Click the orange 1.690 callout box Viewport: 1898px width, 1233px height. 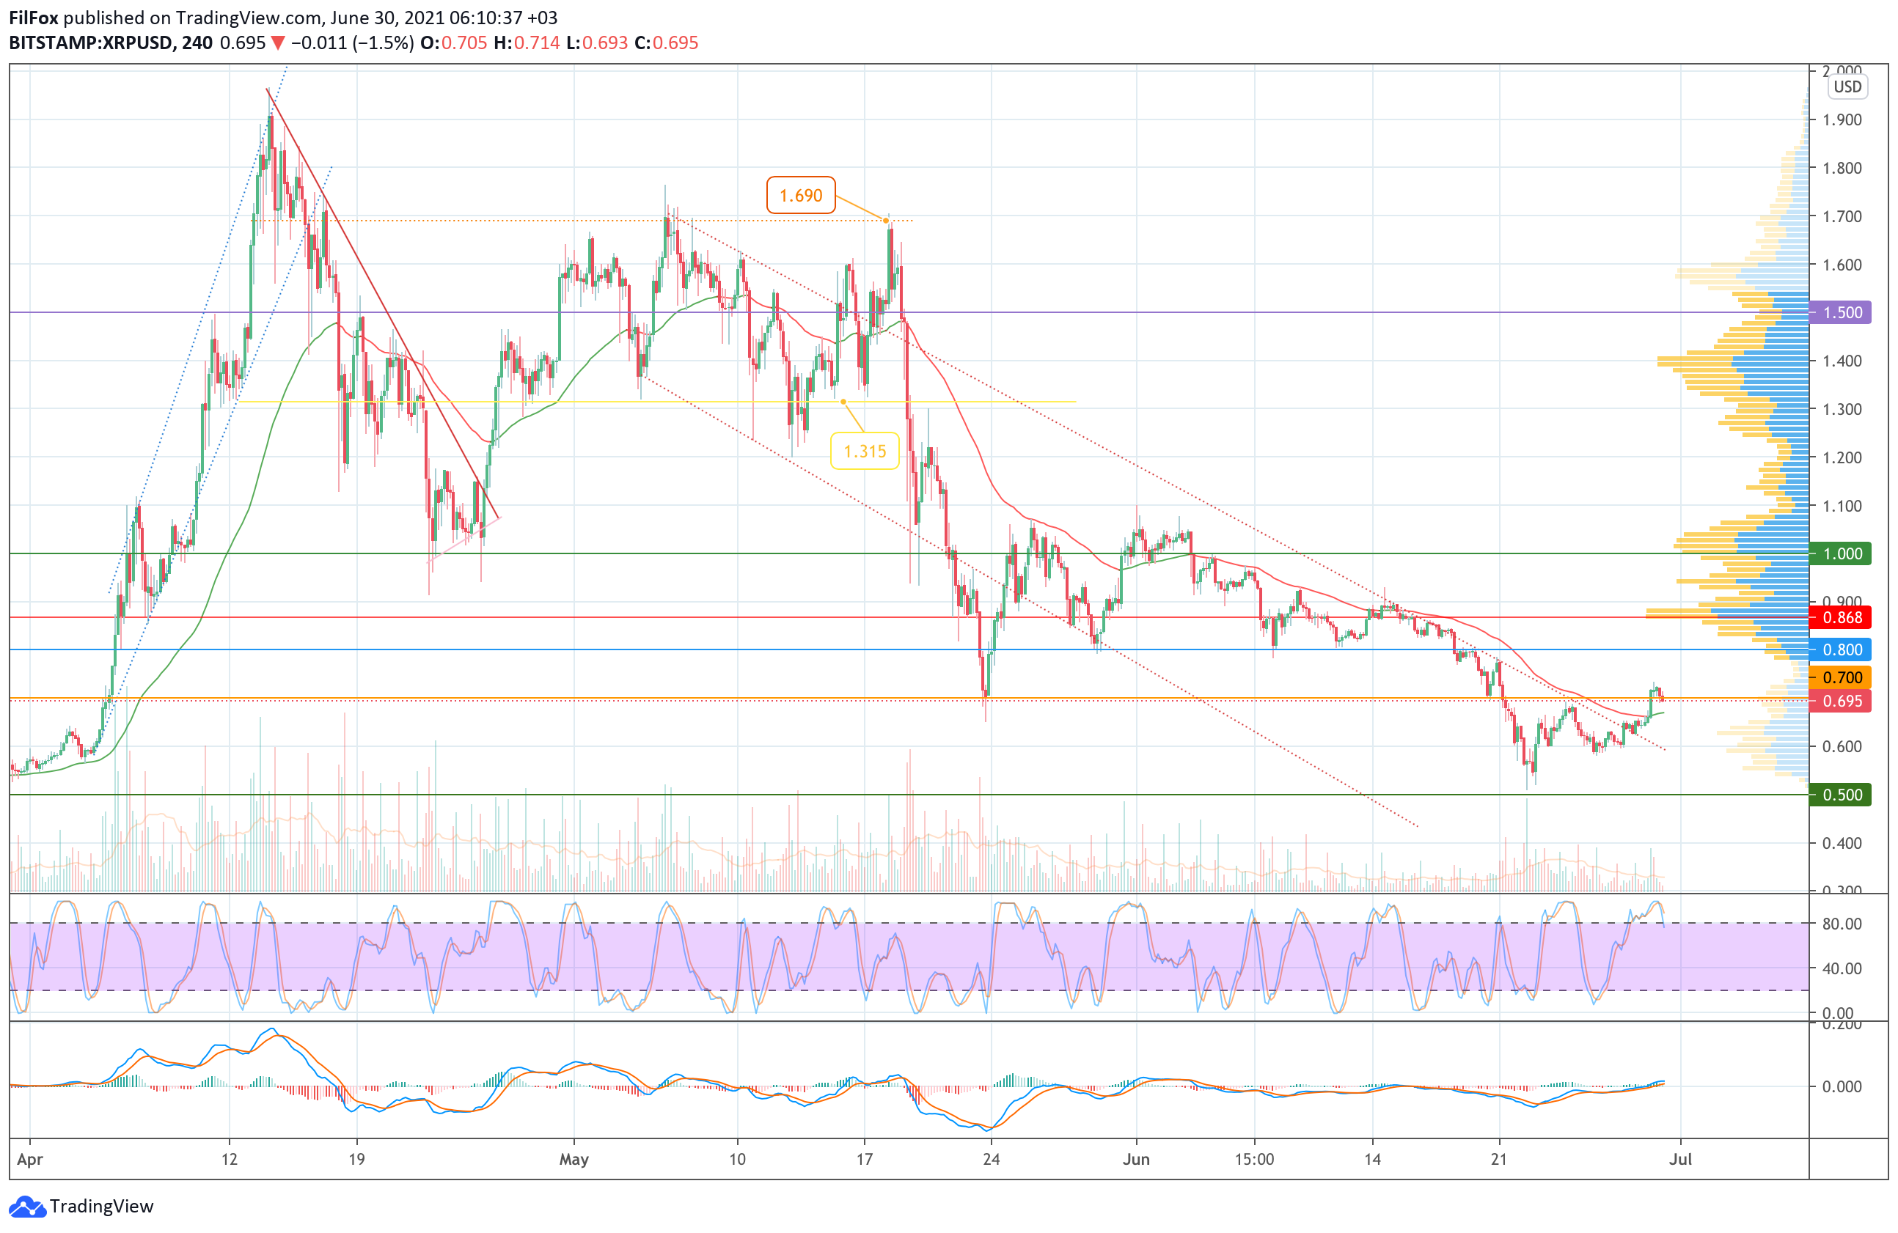pos(800,195)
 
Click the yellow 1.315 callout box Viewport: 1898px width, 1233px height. pos(865,451)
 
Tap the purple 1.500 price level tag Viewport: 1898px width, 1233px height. pos(1842,312)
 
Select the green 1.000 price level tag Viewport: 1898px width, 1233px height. pos(1842,554)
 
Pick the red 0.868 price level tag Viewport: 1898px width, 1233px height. pos(1842,618)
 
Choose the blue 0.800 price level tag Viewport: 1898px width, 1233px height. pos(1842,649)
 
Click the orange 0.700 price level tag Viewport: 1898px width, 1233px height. pos(1842,677)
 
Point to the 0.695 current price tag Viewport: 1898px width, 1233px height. pos(1842,702)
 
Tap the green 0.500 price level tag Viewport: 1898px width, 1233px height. pos(1842,795)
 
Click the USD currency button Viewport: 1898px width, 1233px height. pos(1847,87)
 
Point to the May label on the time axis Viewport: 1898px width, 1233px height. pos(574,1159)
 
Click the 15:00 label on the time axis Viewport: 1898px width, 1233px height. pos(1253,1159)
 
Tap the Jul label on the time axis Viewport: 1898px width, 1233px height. pos(1680,1159)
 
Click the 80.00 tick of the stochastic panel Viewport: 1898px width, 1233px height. pos(1842,924)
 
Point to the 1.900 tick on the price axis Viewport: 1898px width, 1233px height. pos(1842,119)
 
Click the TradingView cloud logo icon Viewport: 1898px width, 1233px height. pos(27,1206)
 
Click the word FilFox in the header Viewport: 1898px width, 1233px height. pos(34,18)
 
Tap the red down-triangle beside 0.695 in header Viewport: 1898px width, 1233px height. pos(277,43)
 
